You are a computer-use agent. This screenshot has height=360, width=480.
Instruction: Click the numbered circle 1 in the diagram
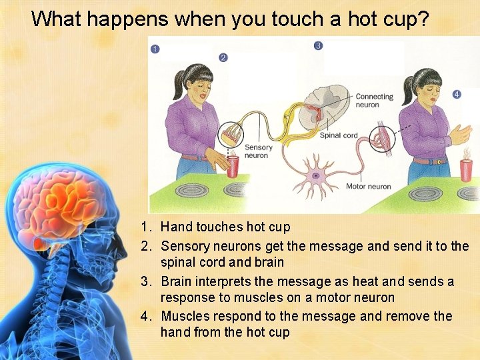[x=155, y=49]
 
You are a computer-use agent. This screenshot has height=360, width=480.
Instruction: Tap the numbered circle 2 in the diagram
[x=223, y=58]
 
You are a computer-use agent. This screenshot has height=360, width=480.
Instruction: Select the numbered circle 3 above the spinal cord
[x=318, y=45]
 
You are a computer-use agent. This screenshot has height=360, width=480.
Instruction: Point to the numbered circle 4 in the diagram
[x=456, y=95]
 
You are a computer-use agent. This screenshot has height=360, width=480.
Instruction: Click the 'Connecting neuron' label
[x=374, y=101]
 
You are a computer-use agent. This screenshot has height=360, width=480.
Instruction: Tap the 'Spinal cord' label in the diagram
[x=339, y=135]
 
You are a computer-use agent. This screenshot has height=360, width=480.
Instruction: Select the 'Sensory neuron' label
[x=258, y=151]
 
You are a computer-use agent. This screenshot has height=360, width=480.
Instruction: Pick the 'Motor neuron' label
[x=368, y=187]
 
